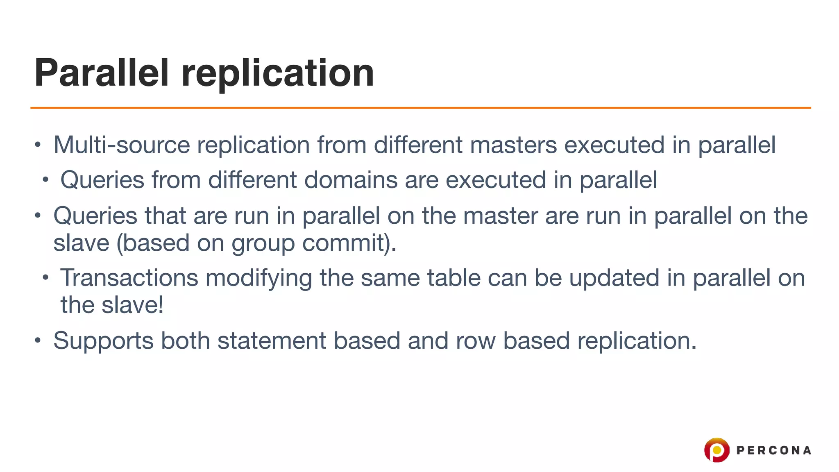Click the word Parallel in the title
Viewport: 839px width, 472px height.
(102, 73)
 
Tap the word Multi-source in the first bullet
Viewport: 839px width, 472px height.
(122, 145)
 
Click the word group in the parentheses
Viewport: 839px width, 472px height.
(263, 243)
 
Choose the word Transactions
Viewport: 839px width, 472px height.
(129, 278)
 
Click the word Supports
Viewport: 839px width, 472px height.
(103, 341)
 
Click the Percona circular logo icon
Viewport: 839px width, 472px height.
(717, 450)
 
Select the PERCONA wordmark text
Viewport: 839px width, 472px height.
(773, 450)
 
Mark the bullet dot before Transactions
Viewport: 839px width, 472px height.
(45, 278)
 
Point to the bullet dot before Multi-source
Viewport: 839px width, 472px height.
(38, 145)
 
